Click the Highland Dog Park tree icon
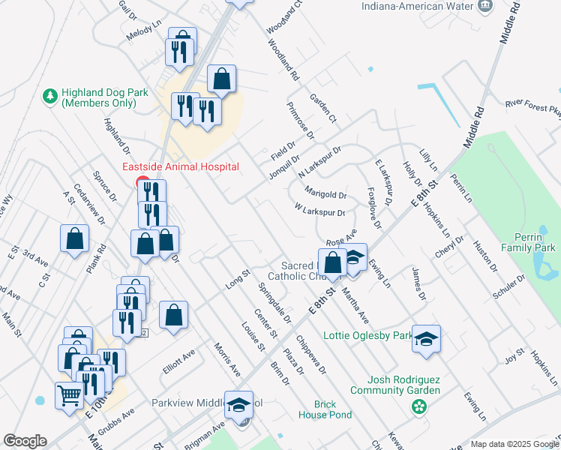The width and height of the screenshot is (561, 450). click(50, 96)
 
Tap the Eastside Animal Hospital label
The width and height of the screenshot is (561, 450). click(181, 166)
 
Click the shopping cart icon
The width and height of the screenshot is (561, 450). click(69, 394)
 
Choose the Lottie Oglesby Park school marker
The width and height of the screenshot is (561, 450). click(426, 338)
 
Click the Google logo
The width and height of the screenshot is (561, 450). click(25, 441)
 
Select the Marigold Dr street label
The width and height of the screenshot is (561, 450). click(325, 195)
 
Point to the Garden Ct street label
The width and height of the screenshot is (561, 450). click(323, 109)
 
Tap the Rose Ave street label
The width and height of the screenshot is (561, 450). click(340, 241)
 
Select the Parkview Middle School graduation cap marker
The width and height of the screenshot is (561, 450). click(239, 405)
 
